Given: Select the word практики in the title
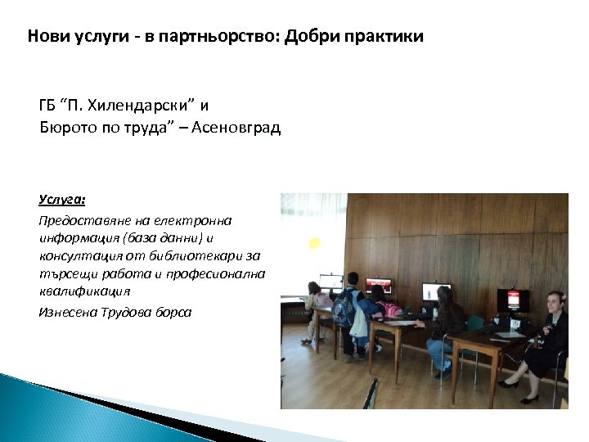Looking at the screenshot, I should point(382,38).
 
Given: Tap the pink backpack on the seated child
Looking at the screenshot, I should point(384,309).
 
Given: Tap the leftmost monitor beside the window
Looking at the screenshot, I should point(330,282).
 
